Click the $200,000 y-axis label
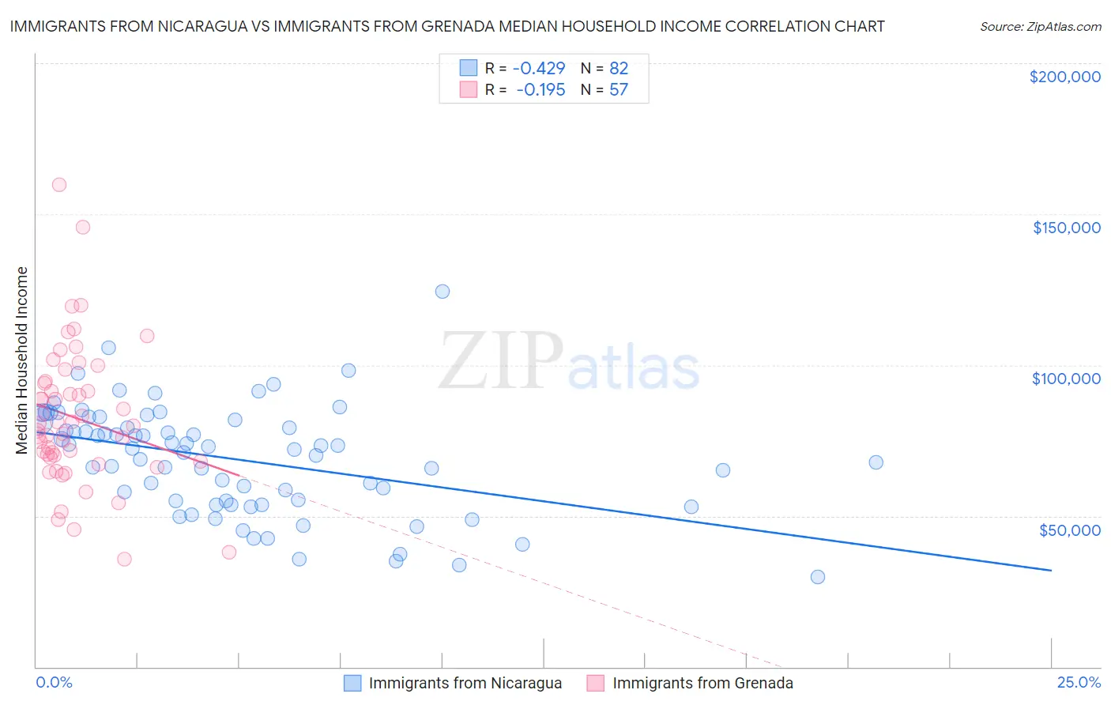(1064, 77)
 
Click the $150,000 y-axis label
(1066, 228)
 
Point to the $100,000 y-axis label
(1066, 379)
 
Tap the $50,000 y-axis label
(1069, 530)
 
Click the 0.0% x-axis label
(54, 682)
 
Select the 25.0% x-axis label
(1079, 682)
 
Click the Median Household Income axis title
(22, 360)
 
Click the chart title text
(447, 26)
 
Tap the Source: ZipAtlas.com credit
(1040, 26)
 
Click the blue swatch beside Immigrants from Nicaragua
(352, 683)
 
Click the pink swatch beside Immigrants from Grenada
(596, 683)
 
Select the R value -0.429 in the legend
(538, 68)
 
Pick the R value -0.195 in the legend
(540, 89)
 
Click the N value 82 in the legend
(619, 68)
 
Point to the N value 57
(619, 89)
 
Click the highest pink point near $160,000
(59, 185)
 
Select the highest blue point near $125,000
(443, 292)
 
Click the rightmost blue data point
(876, 462)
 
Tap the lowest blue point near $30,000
(818, 577)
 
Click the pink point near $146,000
(83, 227)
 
